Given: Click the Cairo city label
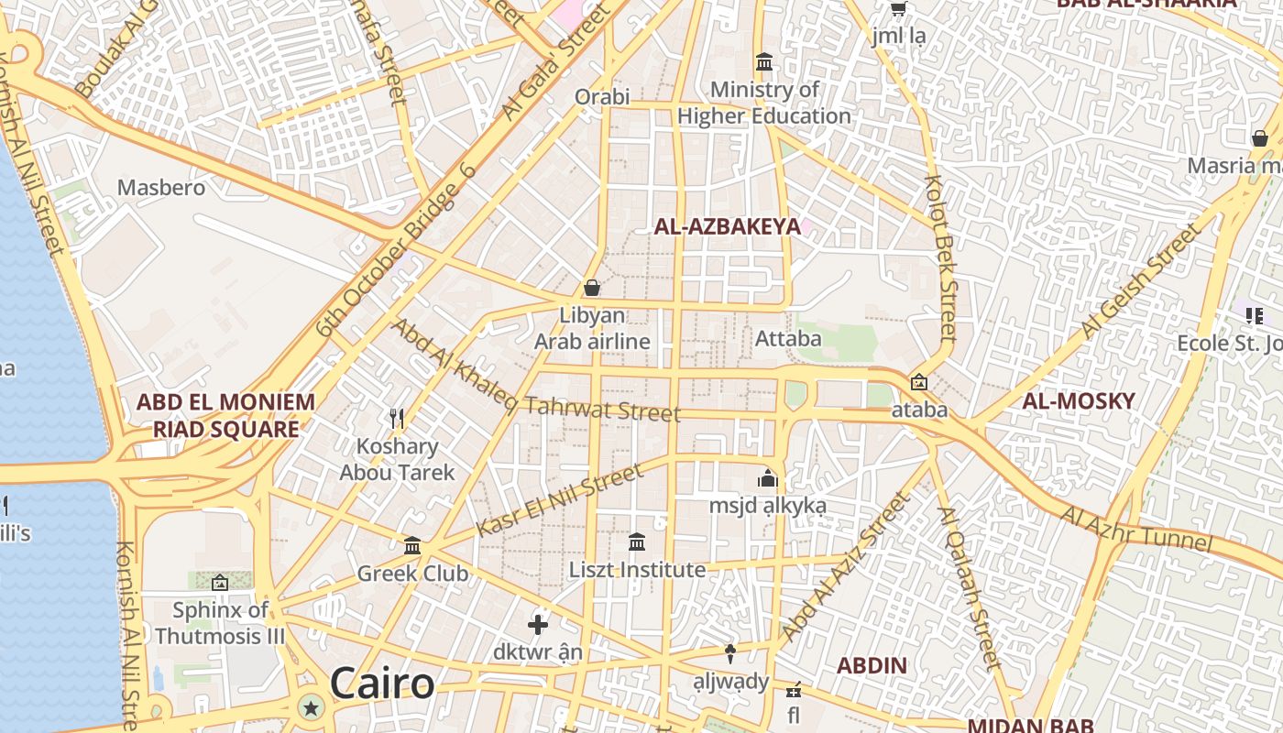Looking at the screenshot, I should pyautogui.click(x=382, y=684).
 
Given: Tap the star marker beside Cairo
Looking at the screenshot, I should pyautogui.click(x=312, y=707).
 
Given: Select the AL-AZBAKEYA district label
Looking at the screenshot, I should pyautogui.click(x=727, y=227).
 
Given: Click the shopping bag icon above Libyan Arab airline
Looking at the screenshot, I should pyautogui.click(x=592, y=288).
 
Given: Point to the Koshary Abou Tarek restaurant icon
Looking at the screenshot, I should pyautogui.click(x=397, y=419).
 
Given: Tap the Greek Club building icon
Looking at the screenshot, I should pyautogui.click(x=412, y=546).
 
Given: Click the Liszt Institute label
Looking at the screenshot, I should pyautogui.click(x=638, y=570).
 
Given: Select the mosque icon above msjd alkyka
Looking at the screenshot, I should pyautogui.click(x=767, y=478).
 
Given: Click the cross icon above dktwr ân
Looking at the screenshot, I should pyautogui.click(x=538, y=625).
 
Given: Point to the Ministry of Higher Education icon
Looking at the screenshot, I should pyautogui.click(x=764, y=62).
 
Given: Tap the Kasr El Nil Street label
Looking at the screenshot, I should pyautogui.click(x=559, y=501).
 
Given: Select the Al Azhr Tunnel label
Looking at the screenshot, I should pyautogui.click(x=1135, y=529).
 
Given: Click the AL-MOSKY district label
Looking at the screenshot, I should pyautogui.click(x=1079, y=400).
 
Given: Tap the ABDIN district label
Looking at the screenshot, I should pyautogui.click(x=872, y=665).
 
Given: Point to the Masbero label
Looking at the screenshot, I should pyautogui.click(x=161, y=188).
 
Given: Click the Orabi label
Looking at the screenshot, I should pyautogui.click(x=602, y=96).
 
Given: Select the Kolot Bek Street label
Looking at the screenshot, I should pyautogui.click(x=940, y=258).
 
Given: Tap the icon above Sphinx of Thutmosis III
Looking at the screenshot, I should pyautogui.click(x=220, y=583).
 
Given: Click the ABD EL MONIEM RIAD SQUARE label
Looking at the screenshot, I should pyautogui.click(x=225, y=415).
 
